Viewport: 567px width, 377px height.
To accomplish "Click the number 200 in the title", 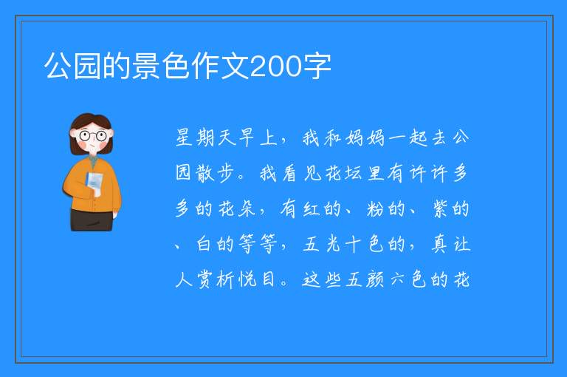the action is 276,67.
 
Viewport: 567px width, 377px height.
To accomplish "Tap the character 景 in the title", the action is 146,66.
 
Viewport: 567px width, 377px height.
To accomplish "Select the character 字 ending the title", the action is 317,66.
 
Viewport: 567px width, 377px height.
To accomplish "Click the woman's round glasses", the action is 92,136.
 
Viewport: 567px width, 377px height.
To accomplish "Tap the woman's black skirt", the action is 92,220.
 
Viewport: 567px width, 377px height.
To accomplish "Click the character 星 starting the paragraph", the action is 183,137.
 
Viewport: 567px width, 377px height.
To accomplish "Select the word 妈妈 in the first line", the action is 365,138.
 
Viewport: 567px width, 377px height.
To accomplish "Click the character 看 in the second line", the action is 290,173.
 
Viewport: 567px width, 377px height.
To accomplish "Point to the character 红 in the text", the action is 311,209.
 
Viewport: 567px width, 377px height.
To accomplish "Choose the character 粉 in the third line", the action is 375,209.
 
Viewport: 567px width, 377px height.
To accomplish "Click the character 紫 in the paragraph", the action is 440,209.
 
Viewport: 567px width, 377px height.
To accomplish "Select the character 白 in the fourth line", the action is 204,244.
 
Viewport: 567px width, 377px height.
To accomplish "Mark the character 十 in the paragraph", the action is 354,244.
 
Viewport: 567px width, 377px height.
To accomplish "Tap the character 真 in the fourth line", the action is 440,244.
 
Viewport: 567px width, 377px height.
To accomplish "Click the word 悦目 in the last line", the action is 257,279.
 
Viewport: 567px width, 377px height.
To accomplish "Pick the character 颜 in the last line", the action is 375,279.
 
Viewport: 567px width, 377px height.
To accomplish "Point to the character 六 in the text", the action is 397,279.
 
